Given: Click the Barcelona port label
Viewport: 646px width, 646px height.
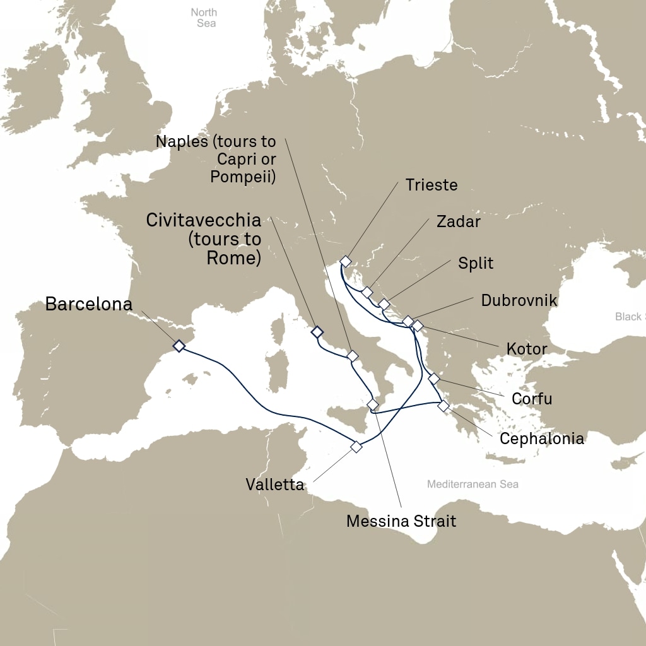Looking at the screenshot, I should (89, 304).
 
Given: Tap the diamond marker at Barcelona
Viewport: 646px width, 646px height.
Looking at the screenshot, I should (179, 346).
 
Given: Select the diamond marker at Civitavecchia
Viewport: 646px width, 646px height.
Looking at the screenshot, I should (317, 331).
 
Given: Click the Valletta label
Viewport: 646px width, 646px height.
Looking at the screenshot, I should (274, 485).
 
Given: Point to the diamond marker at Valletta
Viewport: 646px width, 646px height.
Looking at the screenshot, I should (356, 447).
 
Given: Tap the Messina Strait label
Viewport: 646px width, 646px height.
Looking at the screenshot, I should (401, 521).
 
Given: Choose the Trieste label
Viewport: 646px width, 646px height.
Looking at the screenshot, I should (432, 185).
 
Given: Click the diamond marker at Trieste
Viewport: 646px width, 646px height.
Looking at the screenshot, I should (345, 261).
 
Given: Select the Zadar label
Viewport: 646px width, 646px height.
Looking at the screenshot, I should (458, 221).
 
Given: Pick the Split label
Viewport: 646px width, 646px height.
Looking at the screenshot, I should (476, 263).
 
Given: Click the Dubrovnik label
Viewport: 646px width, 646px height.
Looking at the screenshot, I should (519, 300).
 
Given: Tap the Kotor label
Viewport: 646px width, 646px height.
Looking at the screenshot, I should (526, 348).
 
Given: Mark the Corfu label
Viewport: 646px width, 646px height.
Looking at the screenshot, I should (532, 399).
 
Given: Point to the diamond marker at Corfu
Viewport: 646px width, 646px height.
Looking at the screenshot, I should (433, 379).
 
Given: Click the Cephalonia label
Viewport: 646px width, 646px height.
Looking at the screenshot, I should (541, 438).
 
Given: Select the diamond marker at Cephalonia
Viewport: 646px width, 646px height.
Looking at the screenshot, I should (444, 405).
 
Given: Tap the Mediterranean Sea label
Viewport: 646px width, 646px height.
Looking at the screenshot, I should (473, 484).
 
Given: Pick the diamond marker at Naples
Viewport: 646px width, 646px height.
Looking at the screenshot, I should (353, 356).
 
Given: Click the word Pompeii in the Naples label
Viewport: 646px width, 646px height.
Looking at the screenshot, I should (243, 177).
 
